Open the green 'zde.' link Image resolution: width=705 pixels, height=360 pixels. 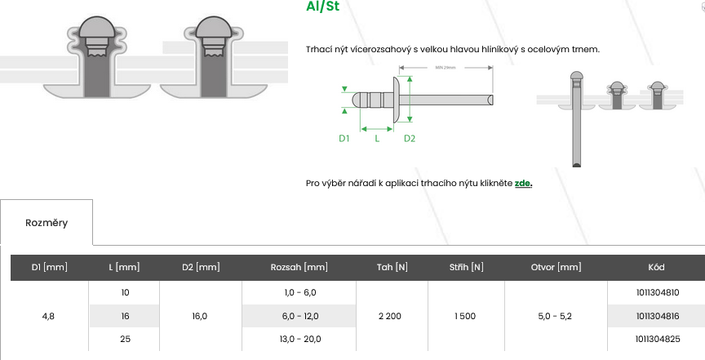[x=523, y=183]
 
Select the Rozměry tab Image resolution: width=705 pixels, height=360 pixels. [x=47, y=222]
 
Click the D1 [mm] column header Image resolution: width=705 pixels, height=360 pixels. [x=49, y=267]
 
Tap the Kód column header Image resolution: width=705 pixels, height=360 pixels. [x=656, y=267]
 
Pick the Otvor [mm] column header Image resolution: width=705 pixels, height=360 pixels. [x=556, y=267]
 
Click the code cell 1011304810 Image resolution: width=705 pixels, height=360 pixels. [x=656, y=292]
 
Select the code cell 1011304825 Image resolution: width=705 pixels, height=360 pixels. [x=656, y=339]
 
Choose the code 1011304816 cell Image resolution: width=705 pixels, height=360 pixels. [x=656, y=316]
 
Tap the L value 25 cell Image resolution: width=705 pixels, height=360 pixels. [x=124, y=339]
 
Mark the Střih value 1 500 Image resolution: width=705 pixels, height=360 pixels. [x=466, y=316]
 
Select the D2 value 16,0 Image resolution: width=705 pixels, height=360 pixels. [x=200, y=316]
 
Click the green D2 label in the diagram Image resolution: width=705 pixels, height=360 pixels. [x=410, y=139]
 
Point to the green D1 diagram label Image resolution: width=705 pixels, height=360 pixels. [x=344, y=139]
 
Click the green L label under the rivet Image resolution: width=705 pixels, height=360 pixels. [x=376, y=139]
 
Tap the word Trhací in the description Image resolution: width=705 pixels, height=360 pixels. [x=320, y=49]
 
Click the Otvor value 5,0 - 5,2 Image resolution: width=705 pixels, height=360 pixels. [x=556, y=316]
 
